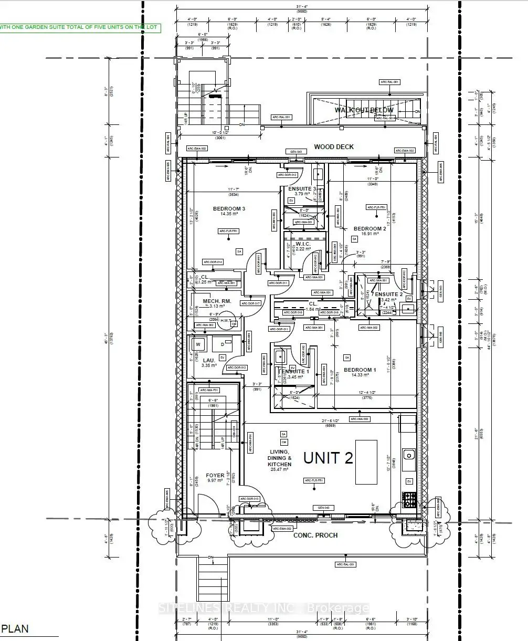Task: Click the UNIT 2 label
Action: (x=327, y=458)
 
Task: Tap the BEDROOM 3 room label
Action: (x=229, y=209)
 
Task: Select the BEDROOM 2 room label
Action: (x=369, y=228)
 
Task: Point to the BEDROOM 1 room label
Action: (x=360, y=370)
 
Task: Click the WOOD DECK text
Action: (x=334, y=147)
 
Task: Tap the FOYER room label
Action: (x=215, y=475)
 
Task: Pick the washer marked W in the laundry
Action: (x=198, y=345)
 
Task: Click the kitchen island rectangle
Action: (x=366, y=462)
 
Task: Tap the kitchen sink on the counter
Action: (x=408, y=454)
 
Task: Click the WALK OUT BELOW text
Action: (x=364, y=110)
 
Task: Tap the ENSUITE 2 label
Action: (x=389, y=294)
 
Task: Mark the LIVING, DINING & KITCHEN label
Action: (x=279, y=458)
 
